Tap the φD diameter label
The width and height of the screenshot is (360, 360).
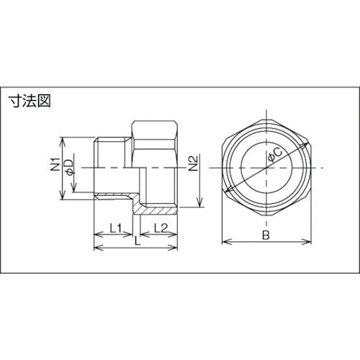click(70, 168)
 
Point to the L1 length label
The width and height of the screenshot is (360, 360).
click(114, 228)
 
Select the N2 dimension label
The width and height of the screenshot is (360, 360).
click(193, 168)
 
